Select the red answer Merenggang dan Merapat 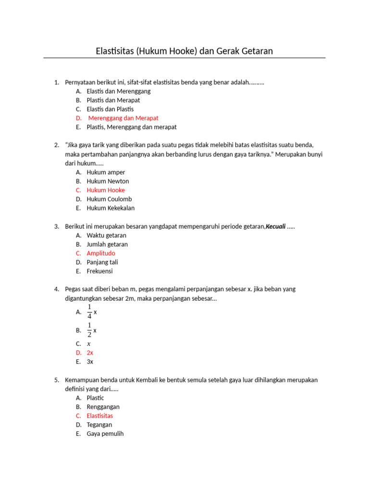tap(123, 118)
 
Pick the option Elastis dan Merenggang tap(119, 91)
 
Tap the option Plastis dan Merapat tap(113, 100)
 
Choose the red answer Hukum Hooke tap(106, 190)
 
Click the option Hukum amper tap(106, 172)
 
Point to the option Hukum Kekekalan tap(111, 208)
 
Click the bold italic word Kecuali tap(276, 226)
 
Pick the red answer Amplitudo tap(101, 253)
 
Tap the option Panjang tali tap(102, 262)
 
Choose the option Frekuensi tap(99, 271)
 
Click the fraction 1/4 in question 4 tap(89, 312)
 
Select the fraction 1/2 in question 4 tap(89, 330)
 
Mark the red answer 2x tap(90, 353)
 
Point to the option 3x tap(90, 362)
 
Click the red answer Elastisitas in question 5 tap(100, 416)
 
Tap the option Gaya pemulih tap(105, 434)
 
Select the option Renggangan tap(103, 407)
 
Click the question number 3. tap(56, 226)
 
